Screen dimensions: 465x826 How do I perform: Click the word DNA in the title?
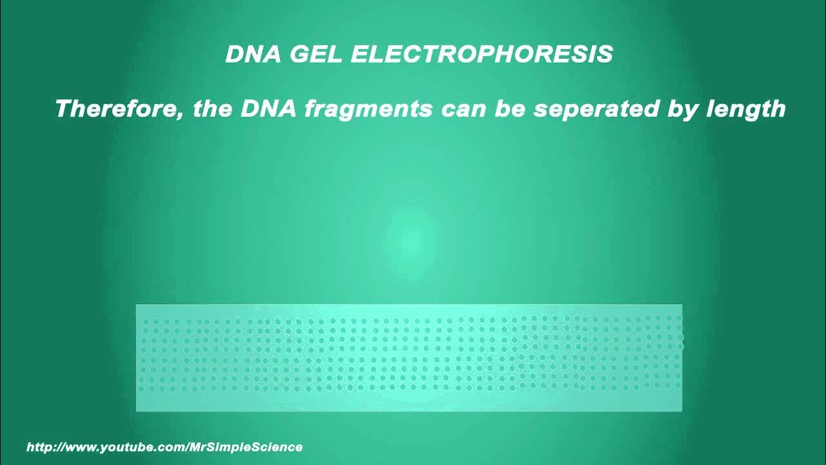253,55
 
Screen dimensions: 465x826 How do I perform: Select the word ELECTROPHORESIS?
481,55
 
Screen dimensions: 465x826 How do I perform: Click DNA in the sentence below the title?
268,109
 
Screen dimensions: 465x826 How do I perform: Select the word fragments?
368,109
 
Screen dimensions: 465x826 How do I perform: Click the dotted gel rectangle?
409,357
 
